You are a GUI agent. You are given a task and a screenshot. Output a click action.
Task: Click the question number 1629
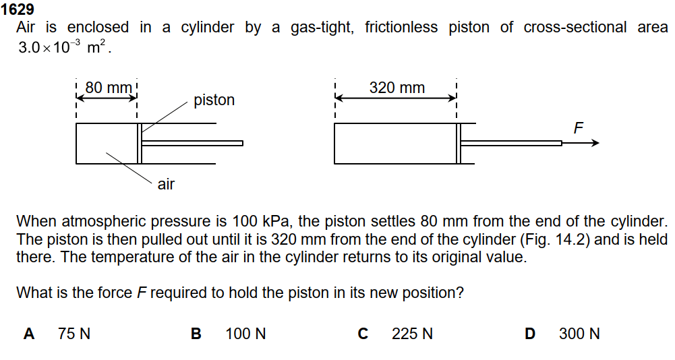18,10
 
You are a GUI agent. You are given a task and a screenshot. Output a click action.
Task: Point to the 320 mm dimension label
397,88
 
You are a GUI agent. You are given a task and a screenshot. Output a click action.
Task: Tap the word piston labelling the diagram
214,100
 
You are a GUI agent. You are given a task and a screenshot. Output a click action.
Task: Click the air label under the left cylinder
166,184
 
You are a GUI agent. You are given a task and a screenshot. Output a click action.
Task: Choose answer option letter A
29,334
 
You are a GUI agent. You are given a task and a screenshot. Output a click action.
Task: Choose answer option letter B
196,334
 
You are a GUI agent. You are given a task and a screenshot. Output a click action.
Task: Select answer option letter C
363,334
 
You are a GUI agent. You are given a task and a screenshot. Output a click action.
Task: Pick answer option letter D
530,334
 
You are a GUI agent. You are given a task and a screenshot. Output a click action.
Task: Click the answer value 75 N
74,334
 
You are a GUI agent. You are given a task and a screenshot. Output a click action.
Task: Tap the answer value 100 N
245,334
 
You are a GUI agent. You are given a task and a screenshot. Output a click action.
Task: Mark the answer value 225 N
412,334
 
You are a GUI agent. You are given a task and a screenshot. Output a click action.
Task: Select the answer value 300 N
579,334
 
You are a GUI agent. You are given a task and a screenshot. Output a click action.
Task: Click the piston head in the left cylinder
140,144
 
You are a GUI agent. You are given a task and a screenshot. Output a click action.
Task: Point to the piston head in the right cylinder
459,144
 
